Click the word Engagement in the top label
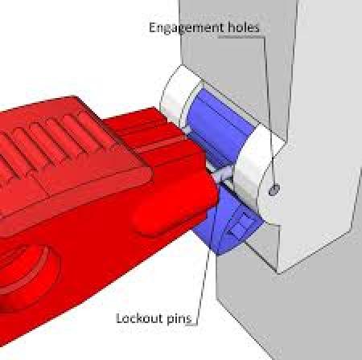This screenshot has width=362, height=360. click(186, 28)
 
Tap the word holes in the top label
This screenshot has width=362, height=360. click(244, 27)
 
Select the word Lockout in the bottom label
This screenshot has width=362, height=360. click(140, 318)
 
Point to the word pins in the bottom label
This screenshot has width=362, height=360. click(179, 319)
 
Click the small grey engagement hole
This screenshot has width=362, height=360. click(274, 190)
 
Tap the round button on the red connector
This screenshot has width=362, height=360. click(26, 276)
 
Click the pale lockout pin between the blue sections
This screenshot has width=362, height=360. click(223, 174)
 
